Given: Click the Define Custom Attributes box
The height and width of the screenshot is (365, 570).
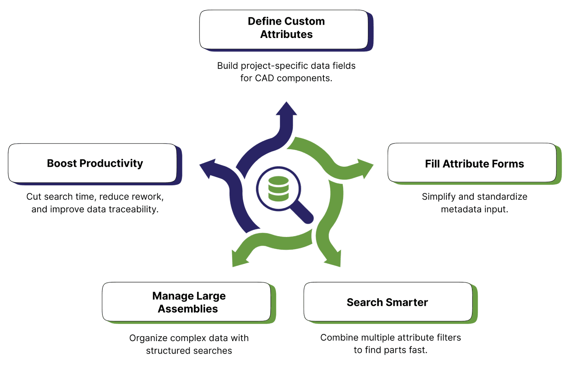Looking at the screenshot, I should [284, 29].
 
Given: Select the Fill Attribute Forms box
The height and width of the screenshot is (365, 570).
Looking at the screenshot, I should [472, 163].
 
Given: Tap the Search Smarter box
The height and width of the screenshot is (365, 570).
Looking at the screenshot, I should [388, 302].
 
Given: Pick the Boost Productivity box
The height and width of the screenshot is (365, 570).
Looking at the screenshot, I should [92, 163].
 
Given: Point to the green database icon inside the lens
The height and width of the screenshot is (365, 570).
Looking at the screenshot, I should [279, 188].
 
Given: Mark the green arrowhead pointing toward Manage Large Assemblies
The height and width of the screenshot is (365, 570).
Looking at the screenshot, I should [239, 258].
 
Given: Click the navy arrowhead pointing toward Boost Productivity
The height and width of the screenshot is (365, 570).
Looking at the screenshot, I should [208, 167].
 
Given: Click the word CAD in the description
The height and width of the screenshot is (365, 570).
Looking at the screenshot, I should [264, 78].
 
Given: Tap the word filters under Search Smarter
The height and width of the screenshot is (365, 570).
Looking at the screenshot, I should [448, 338].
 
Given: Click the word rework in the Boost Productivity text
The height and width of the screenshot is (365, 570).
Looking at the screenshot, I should [150, 197].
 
